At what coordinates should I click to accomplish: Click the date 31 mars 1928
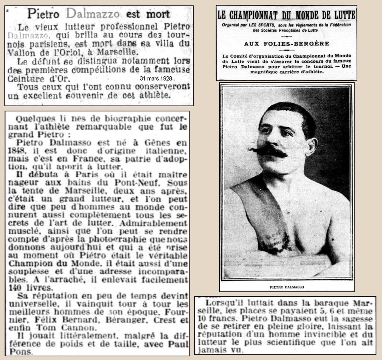pos(156,79)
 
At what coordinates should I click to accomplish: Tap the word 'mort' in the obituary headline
pos(157,15)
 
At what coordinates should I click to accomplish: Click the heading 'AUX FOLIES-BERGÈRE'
pos(286,43)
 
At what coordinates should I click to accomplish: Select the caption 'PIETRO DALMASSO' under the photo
pos(286,287)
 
